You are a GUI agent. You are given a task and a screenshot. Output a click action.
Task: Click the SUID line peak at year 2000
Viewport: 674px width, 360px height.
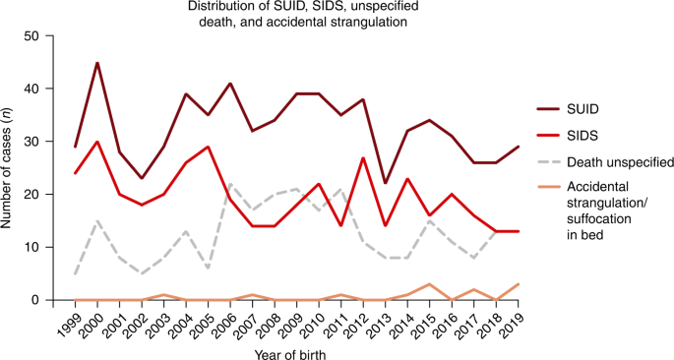(x=97, y=63)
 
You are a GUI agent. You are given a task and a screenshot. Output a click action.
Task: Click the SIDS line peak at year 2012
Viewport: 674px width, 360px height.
(x=362, y=157)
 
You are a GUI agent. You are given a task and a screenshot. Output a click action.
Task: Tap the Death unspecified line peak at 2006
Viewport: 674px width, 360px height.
(x=229, y=184)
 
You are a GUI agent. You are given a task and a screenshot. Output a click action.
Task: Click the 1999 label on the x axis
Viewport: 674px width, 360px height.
(x=69, y=323)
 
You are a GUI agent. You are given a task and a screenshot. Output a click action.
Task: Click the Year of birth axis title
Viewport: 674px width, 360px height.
(x=293, y=351)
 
